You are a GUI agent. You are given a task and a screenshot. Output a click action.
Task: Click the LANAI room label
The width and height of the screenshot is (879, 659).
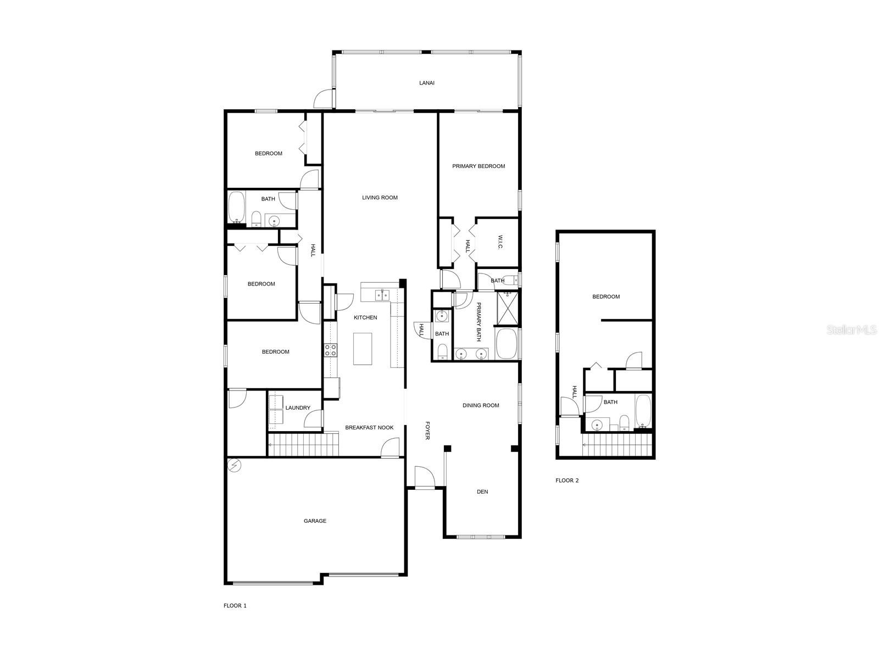pos(426,83)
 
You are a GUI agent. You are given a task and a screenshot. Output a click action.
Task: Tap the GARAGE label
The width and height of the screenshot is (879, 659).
pos(315,521)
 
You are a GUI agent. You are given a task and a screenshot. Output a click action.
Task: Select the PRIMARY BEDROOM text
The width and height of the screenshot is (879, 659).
pos(479,166)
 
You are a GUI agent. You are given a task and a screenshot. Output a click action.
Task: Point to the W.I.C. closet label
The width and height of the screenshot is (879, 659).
pos(500,242)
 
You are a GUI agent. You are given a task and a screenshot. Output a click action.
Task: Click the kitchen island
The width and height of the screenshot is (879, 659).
pos(362,349)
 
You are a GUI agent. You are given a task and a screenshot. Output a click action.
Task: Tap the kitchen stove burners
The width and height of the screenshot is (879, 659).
pos(330,350)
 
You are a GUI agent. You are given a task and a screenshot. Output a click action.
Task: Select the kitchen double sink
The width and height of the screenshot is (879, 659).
pos(382,295)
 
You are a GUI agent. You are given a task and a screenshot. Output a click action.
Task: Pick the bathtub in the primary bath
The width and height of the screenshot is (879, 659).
pos(506,344)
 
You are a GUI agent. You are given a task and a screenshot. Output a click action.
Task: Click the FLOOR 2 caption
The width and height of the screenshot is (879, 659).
pos(567,480)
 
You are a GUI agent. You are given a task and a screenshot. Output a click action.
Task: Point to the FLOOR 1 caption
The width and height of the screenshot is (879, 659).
pos(235,605)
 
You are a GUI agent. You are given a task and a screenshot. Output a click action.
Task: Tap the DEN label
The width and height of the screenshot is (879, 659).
pos(482,492)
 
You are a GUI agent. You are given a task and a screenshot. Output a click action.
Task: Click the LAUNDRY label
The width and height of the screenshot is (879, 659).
pos(298,407)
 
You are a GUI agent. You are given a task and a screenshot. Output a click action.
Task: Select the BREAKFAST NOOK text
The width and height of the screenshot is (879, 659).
pos(369,427)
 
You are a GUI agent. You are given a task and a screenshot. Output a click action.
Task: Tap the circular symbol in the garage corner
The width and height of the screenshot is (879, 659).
pos(234,465)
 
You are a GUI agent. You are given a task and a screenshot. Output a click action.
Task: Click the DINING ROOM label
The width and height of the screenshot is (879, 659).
pos(481,405)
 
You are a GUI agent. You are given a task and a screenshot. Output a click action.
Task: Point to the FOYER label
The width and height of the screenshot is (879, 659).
pos(427,431)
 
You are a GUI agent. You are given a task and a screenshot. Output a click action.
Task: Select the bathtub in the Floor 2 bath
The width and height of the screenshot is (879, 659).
pos(643,411)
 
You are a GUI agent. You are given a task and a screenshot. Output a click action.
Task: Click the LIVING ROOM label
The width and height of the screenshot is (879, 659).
pos(380,197)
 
